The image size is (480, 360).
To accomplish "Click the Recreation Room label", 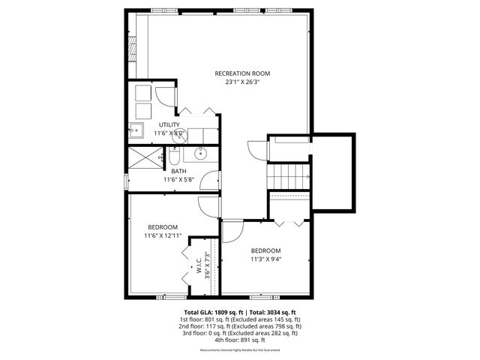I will tap(241, 73).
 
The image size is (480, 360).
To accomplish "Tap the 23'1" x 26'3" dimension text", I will tap(241, 82).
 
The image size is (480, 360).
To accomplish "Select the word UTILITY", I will tap(169, 124).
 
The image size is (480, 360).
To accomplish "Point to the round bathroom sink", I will tap(200, 154).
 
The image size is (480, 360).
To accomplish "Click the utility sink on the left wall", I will tap(136, 130).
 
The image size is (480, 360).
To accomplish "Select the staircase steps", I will tap(289, 177).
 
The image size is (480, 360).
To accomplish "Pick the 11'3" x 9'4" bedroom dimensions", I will tap(265, 259).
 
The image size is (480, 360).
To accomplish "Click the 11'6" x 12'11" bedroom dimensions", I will tap(163, 235).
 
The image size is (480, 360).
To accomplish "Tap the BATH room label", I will tap(178, 172).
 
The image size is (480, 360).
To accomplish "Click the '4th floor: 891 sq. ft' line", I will tap(241, 340).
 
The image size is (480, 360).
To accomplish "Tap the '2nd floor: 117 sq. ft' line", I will tap(241, 325).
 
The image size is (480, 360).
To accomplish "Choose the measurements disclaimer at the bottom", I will tap(241, 350).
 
